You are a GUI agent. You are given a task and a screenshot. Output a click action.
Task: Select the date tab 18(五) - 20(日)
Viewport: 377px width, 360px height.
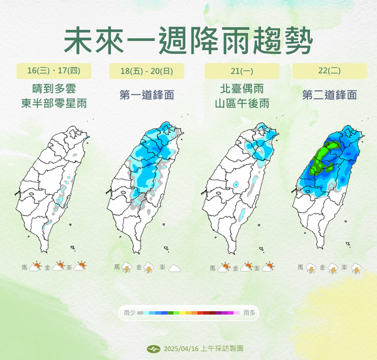147,71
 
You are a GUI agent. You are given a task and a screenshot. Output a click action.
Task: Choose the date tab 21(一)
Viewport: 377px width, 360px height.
241,71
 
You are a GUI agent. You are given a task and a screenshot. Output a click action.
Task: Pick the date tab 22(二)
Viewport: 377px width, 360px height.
329,71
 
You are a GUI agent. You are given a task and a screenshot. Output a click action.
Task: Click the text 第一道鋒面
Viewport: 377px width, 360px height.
147,96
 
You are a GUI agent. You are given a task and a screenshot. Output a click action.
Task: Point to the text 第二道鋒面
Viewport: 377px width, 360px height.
329,96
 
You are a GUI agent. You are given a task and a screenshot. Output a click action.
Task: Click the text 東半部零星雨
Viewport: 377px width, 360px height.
55,103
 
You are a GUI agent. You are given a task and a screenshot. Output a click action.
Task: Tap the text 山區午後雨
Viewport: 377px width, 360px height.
241,103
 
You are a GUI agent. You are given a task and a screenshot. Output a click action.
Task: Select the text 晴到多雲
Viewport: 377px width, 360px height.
55,89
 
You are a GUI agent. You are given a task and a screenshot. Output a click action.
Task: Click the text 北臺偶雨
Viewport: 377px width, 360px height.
241,89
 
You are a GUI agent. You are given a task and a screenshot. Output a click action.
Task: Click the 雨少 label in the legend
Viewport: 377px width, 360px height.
129,313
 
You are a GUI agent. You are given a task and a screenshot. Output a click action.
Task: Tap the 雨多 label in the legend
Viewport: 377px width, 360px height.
249,313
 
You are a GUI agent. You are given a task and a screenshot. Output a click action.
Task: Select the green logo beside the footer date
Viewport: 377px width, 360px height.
153,349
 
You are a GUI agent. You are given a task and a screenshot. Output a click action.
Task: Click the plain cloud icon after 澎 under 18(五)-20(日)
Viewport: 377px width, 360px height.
175,268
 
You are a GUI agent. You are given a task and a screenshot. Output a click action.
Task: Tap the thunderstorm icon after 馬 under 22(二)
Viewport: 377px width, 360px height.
311,268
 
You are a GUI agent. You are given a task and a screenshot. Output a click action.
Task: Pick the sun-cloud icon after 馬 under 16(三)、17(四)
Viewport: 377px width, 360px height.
36,266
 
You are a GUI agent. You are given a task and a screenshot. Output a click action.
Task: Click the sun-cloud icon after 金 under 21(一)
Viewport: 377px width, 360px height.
248,266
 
